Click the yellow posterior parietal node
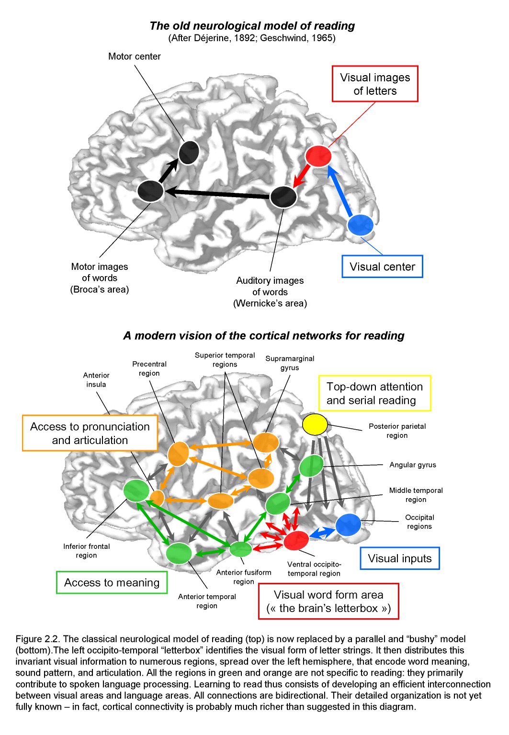click(315, 424)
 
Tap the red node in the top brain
click(318, 156)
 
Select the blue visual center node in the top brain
click(361, 225)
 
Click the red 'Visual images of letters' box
click(375, 84)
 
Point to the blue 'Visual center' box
click(382, 267)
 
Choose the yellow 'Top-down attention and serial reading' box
click(375, 393)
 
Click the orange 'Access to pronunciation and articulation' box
click(90, 433)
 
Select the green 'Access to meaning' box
click(112, 582)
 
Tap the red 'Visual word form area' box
click(328, 601)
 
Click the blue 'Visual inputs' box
click(399, 558)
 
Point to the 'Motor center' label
click(134, 56)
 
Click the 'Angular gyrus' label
click(412, 465)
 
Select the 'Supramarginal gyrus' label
click(290, 363)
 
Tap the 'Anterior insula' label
click(96, 379)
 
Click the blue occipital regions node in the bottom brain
click(348, 525)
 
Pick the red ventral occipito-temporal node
click(296, 540)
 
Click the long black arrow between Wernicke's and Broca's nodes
click(218, 194)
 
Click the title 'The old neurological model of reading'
click(252, 26)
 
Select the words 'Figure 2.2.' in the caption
click(38, 639)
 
